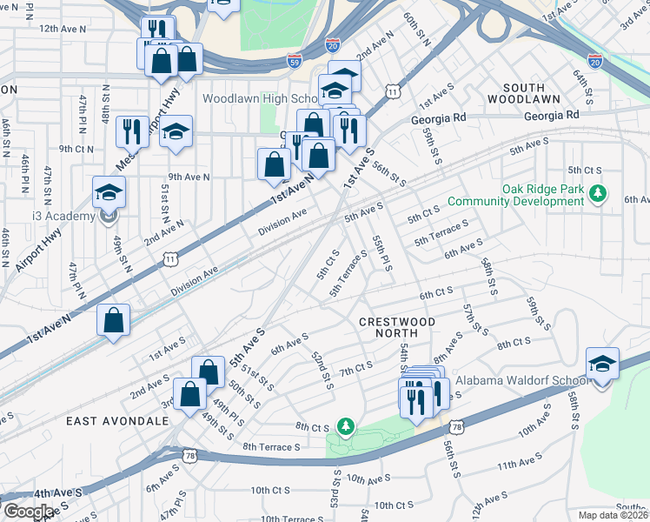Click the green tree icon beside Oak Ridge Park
[x=597, y=192]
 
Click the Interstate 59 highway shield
[x=294, y=61]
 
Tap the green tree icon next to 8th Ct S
[x=347, y=425]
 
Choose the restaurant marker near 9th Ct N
[x=132, y=131]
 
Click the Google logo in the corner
[x=28, y=511]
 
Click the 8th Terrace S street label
[x=271, y=446]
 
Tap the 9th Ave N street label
[x=189, y=177]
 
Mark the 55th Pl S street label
[x=382, y=252]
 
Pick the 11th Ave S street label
[x=520, y=466]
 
